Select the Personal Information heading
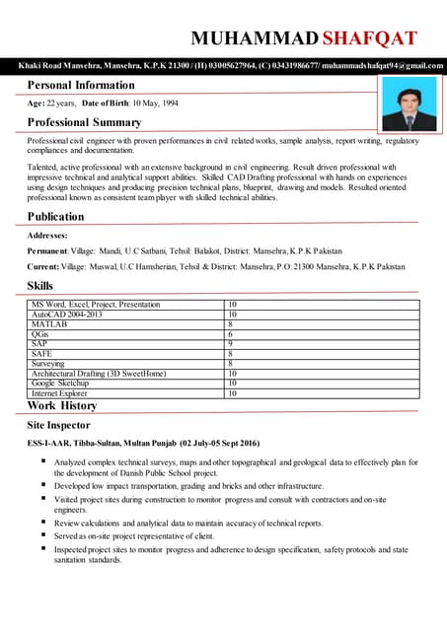click(81, 85)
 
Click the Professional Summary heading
click(85, 122)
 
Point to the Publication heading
click(56, 216)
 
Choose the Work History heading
click(62, 405)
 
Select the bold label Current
click(43, 266)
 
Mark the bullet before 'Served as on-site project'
click(44, 534)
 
